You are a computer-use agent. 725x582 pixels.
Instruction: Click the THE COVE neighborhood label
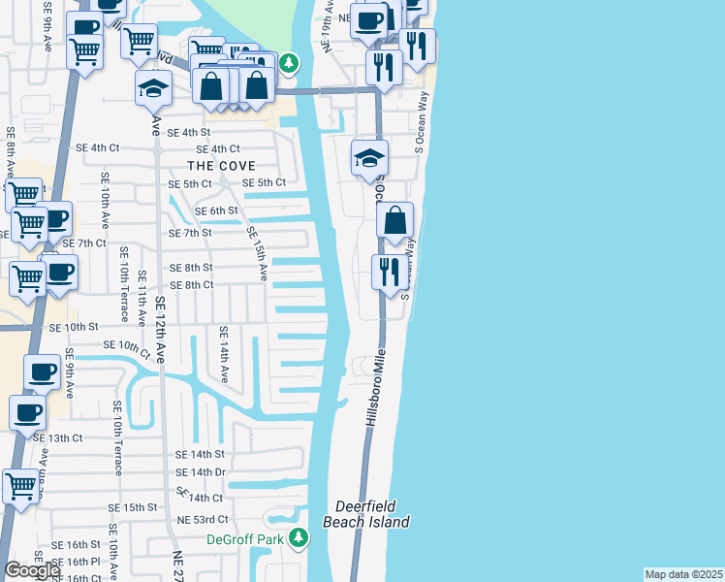(x=223, y=166)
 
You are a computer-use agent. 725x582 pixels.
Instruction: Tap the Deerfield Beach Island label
(x=373, y=514)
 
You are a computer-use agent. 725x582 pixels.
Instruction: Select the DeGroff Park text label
(x=248, y=539)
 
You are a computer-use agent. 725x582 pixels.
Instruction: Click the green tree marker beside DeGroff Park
(x=299, y=536)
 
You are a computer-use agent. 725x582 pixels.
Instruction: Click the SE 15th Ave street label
(x=256, y=254)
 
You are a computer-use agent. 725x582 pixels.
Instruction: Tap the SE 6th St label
(x=216, y=210)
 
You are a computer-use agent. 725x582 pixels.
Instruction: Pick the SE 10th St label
(x=74, y=328)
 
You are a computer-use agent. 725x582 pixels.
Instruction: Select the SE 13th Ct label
(x=58, y=438)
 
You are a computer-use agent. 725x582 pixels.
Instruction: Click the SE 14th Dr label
(x=200, y=472)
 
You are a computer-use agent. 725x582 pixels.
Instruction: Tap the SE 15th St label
(x=132, y=507)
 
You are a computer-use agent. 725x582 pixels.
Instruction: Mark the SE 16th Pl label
(x=76, y=562)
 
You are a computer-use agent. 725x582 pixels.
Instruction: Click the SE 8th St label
(x=191, y=267)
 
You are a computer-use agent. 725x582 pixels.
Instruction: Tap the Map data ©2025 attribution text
(x=683, y=574)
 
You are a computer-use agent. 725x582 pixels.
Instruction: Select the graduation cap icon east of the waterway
(x=369, y=157)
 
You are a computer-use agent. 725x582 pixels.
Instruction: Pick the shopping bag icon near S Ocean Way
(x=395, y=220)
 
